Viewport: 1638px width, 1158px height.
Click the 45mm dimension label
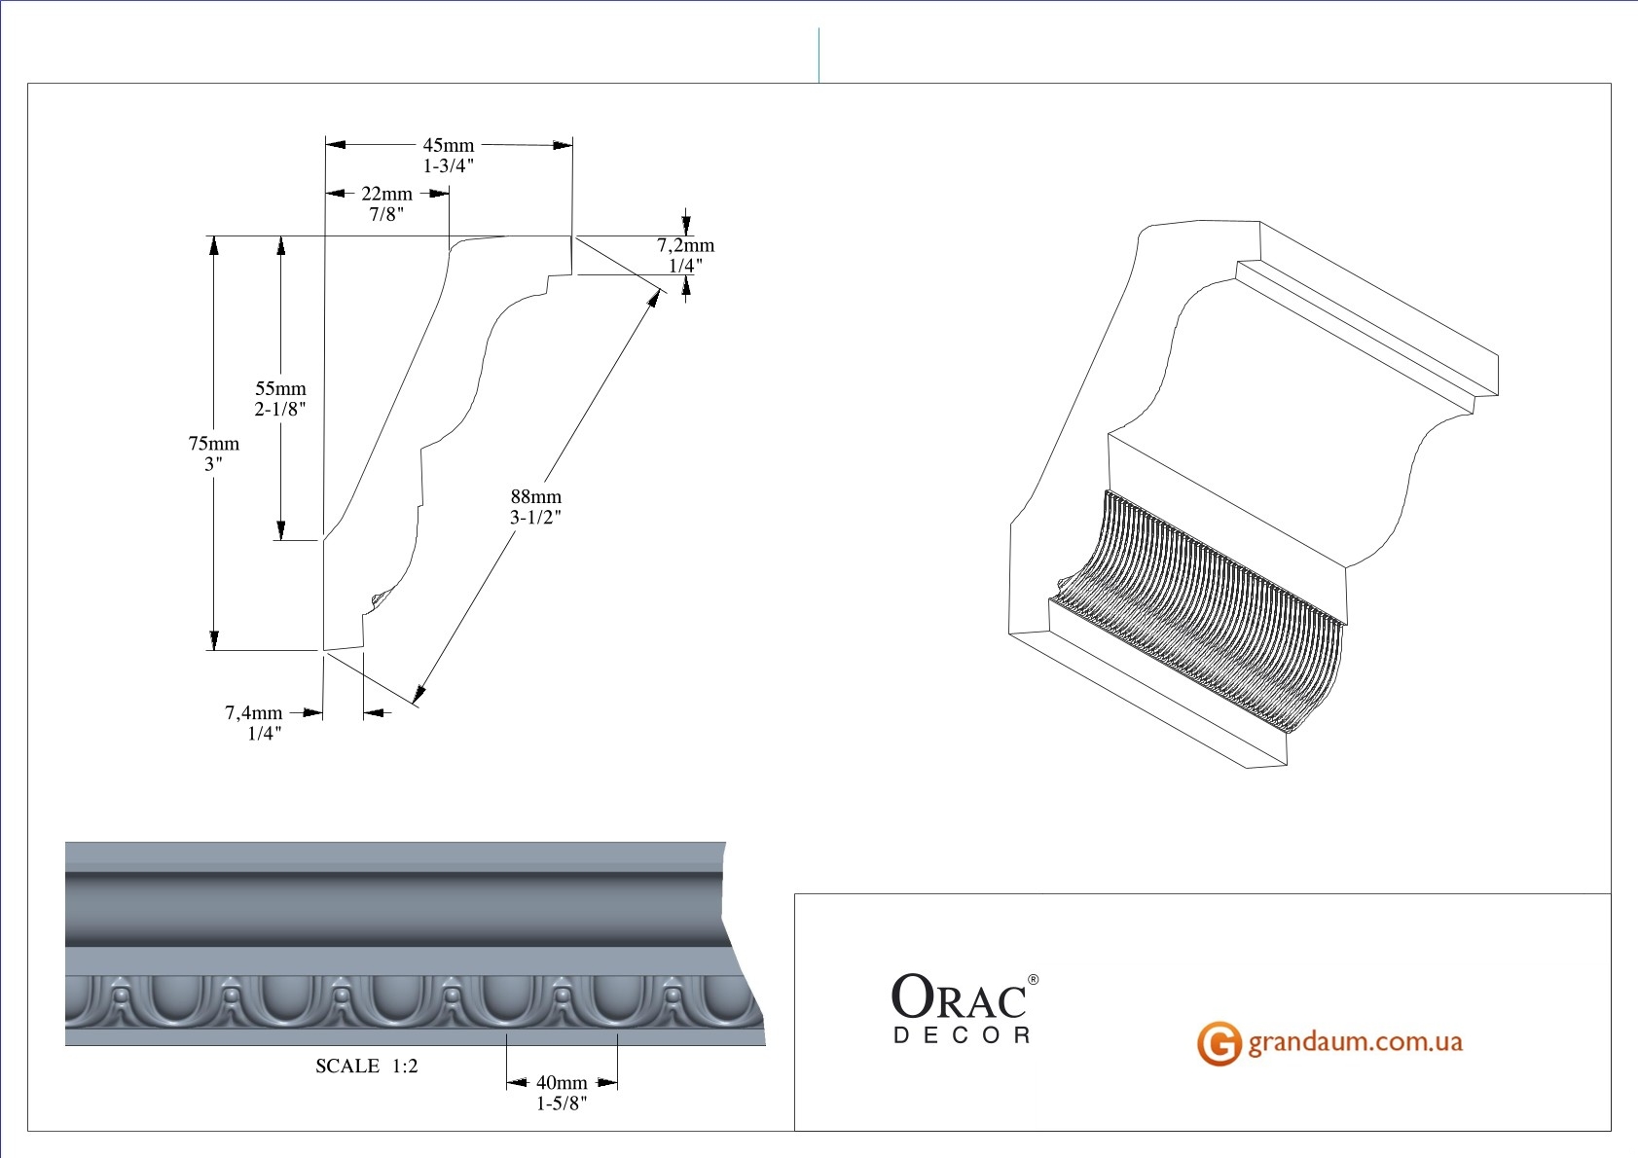coord(449,146)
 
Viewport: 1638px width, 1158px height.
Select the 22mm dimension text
coord(386,194)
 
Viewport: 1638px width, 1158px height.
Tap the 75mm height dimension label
coord(213,443)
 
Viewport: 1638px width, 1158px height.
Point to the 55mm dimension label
coord(280,388)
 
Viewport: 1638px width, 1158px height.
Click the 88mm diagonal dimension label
coord(536,496)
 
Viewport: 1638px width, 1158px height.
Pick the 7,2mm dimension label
coord(685,245)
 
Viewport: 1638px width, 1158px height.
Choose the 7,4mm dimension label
coord(253,712)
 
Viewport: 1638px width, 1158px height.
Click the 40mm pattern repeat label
coord(562,1082)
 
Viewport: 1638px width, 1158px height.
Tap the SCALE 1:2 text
coord(366,1066)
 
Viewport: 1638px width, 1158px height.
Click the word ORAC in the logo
coord(959,996)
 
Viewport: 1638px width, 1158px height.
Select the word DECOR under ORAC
coord(963,1035)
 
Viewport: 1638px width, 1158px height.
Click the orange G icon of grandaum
coord(1219,1043)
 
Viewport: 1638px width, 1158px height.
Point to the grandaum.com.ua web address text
coord(1355,1042)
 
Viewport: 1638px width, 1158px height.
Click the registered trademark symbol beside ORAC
coord(1034,980)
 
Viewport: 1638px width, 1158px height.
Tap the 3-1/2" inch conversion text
coord(535,518)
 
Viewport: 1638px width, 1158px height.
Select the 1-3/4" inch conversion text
coord(449,166)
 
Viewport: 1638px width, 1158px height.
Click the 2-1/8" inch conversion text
coord(280,409)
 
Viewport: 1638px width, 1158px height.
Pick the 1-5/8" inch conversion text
coord(562,1104)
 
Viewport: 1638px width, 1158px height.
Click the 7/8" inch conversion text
coord(386,214)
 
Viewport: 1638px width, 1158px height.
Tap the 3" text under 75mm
coord(213,463)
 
